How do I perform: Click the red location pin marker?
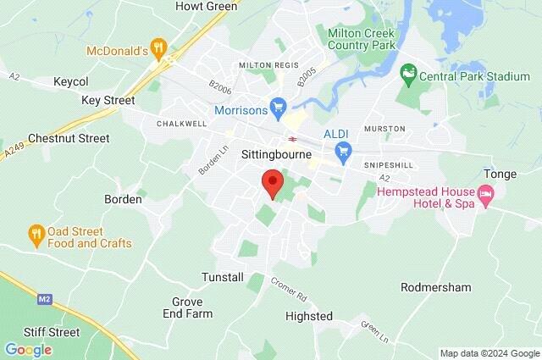(x=272, y=183)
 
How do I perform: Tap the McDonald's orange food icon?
(x=157, y=46)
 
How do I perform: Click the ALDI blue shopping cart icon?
(x=343, y=152)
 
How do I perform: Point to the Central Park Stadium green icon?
(x=409, y=76)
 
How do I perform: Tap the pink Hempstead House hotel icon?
(x=486, y=198)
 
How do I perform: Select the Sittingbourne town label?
(x=266, y=156)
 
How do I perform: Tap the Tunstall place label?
(x=223, y=277)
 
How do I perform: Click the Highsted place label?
(x=309, y=316)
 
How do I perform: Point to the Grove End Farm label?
(x=187, y=307)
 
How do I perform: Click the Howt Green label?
(x=206, y=6)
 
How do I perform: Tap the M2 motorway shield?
(x=45, y=298)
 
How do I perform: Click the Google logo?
(x=28, y=350)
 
